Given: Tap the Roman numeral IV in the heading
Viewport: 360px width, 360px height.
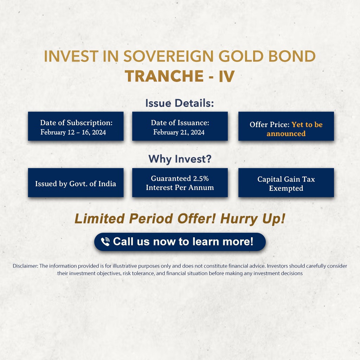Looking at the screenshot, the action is point(227,76).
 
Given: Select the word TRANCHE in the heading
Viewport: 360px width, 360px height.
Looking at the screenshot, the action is point(165,76).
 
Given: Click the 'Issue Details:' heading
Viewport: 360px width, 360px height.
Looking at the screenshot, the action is point(180,103).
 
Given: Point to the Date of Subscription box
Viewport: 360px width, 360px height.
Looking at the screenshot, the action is point(76,126).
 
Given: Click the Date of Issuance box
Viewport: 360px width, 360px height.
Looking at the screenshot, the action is point(180,126).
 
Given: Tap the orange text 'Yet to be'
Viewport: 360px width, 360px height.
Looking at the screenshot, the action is point(307,124).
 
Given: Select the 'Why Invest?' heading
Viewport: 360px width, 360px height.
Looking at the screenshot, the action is point(180,159).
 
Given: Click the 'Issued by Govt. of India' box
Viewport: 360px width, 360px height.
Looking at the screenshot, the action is point(76,182).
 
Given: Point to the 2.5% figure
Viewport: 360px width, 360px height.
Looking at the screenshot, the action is point(201,178).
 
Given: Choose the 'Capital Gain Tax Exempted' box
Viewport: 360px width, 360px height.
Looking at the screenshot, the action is point(286,182).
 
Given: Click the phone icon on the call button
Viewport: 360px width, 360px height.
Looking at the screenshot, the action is point(105,242).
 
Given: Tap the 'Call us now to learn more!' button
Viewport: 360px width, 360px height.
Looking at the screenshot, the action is point(180,242).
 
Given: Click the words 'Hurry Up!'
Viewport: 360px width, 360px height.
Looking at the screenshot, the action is point(253,219).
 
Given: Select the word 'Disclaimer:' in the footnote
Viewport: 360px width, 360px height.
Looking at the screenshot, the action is point(25,266).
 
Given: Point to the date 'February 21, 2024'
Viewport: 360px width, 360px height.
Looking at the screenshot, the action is point(179,132).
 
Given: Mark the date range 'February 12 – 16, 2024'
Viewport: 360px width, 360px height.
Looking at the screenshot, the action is point(73,132).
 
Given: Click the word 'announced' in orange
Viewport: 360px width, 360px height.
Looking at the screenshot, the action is point(286,134).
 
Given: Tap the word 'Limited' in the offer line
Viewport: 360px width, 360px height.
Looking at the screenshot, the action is point(99,218).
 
